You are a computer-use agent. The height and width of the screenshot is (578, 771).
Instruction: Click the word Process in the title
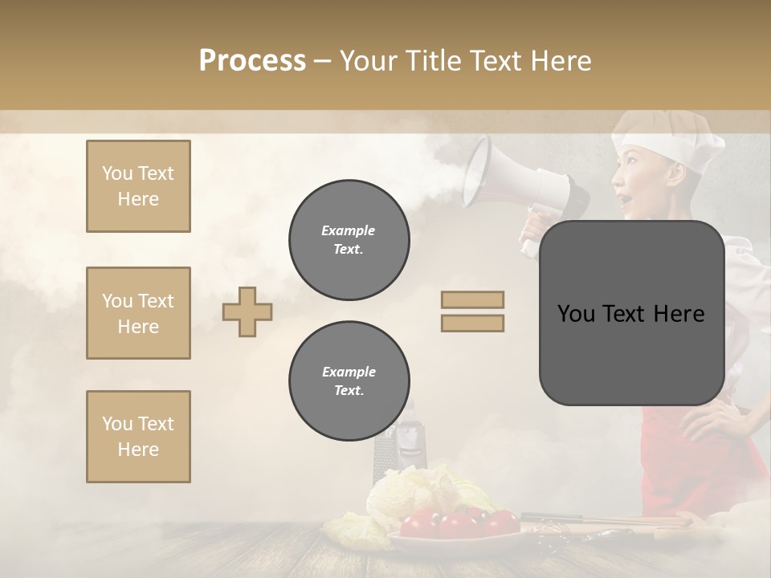(x=252, y=61)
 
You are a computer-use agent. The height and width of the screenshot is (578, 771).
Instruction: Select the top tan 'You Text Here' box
(x=138, y=186)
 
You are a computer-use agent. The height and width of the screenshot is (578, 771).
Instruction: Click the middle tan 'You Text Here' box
(x=138, y=313)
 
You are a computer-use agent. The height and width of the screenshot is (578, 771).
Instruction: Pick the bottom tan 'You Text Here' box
(x=138, y=437)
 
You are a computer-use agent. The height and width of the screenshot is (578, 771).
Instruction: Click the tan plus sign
(x=247, y=311)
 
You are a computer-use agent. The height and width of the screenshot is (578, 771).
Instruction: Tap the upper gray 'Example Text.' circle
(x=349, y=239)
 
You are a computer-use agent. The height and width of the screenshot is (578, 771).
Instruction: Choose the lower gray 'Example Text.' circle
(x=349, y=381)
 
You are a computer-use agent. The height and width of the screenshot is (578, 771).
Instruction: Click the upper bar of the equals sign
(x=472, y=300)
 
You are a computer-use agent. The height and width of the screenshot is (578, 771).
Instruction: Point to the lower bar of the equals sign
(x=472, y=323)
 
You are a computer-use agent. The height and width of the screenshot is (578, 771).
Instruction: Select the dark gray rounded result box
(x=631, y=313)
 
